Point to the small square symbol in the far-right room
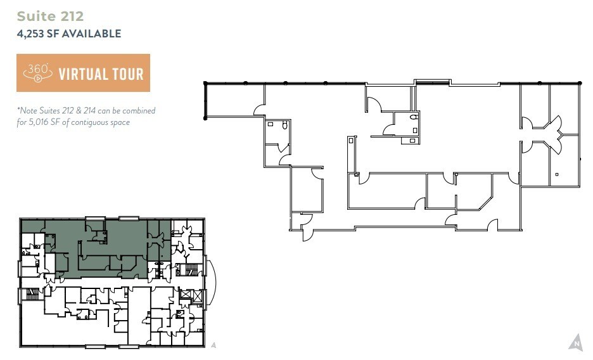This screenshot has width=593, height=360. point(556,174)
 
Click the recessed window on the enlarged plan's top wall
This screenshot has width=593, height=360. point(433,81)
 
